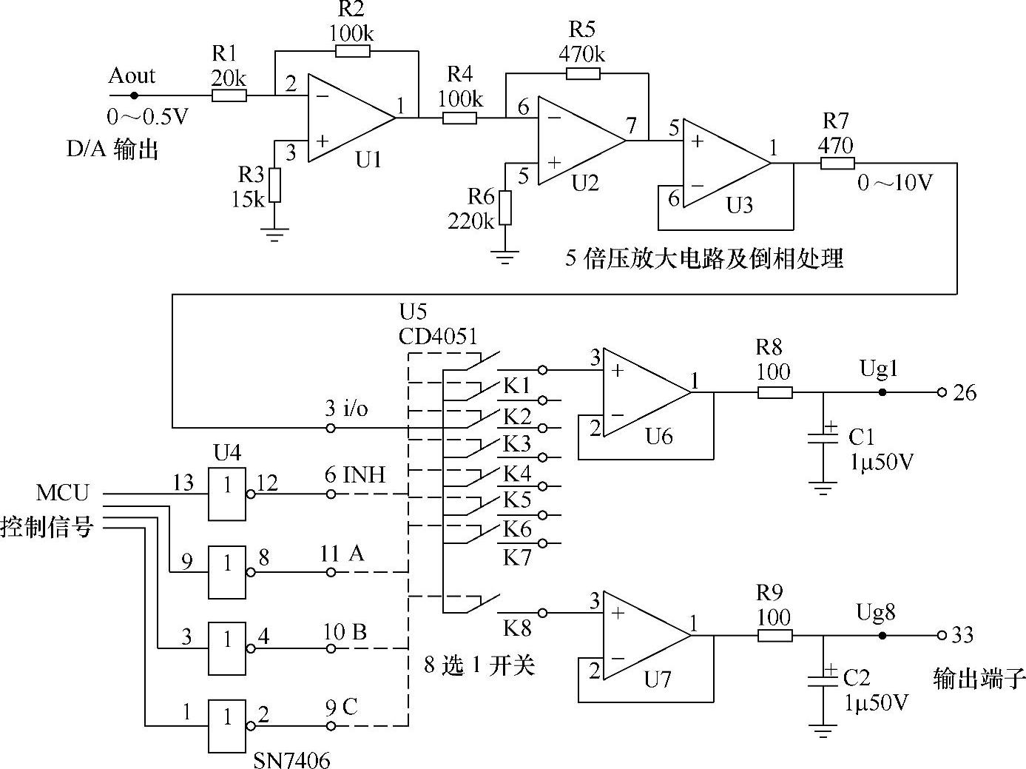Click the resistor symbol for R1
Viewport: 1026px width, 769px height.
coord(229,95)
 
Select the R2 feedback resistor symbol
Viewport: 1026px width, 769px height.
coord(352,51)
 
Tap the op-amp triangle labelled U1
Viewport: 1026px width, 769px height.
coord(348,118)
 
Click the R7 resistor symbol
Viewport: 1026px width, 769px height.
coord(837,164)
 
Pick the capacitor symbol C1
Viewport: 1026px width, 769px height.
coord(823,437)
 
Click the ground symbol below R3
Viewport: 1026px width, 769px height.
coord(274,236)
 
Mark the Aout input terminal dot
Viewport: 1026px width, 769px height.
coord(134,95)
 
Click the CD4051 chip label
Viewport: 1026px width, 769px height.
coord(438,336)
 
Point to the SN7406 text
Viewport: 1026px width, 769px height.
coord(291,759)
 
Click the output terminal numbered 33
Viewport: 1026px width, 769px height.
coord(942,635)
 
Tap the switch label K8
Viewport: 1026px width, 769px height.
coord(517,628)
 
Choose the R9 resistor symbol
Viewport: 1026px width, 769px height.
coord(774,635)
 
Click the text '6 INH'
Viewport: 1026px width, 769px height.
coord(355,474)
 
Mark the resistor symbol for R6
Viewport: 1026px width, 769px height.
coord(505,207)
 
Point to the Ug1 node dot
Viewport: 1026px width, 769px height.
coord(882,392)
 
